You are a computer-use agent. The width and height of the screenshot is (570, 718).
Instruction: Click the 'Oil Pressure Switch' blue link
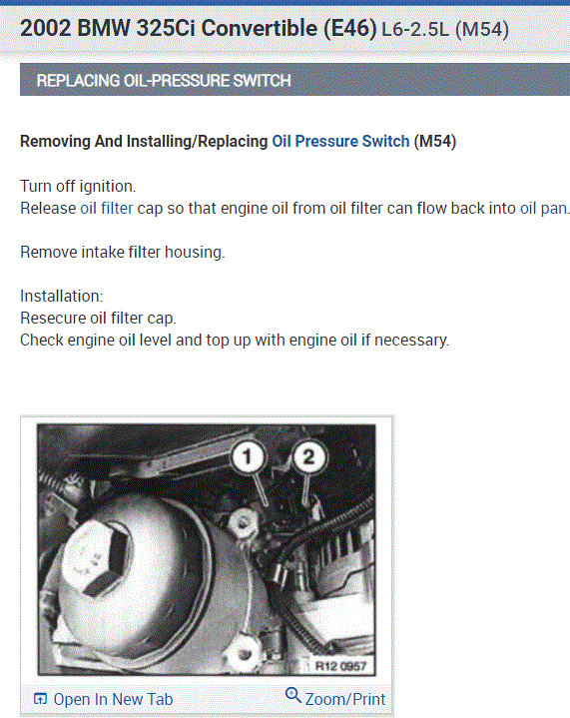[340, 142]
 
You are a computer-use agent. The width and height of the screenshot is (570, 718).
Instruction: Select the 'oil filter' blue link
[106, 209]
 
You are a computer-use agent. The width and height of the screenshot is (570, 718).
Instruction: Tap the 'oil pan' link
[543, 209]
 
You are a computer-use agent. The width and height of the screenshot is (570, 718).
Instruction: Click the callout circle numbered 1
[248, 456]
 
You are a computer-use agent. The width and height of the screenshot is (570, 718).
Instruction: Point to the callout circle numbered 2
[309, 456]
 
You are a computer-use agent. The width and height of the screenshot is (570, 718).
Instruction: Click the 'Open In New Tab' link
[113, 699]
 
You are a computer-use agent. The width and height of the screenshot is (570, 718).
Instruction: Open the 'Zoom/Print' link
[345, 699]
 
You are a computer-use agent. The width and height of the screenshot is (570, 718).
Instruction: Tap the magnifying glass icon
[293, 695]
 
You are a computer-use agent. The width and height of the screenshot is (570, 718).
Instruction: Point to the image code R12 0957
[340, 665]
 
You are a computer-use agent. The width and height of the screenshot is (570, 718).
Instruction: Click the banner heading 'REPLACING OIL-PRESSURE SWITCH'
[164, 81]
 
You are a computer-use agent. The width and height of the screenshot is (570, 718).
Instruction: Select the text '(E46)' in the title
[349, 28]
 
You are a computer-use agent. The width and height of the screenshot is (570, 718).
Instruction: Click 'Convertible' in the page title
[260, 28]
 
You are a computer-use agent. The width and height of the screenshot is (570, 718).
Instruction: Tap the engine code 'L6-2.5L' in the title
[415, 30]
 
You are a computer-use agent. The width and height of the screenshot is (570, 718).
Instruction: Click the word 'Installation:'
[61, 297]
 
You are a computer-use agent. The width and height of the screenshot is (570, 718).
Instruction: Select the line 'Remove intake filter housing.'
[123, 253]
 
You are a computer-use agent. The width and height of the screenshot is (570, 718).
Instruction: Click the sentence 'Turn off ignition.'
[78, 187]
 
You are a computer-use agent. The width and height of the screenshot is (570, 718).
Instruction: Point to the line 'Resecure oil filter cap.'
[98, 319]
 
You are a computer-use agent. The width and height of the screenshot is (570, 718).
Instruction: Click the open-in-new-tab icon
[40, 699]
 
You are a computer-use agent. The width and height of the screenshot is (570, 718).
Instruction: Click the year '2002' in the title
[46, 28]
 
